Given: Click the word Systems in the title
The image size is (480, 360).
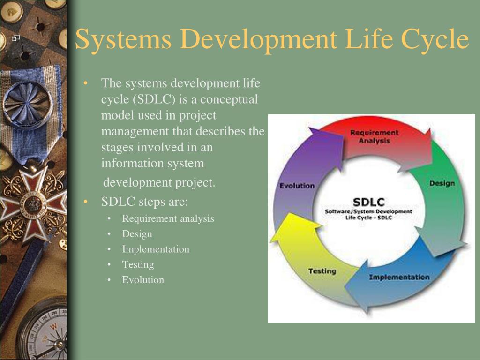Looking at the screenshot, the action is (123, 39).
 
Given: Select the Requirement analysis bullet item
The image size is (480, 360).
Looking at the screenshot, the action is (168, 218).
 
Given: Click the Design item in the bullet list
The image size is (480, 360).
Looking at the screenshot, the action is (137, 233).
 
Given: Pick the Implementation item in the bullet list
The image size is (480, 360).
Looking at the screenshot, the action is (156, 249).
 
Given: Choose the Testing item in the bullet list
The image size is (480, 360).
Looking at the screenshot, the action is (138, 264).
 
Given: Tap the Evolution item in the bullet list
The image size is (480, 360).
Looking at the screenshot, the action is (143, 280).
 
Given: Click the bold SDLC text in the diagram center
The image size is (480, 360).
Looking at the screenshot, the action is (368, 202).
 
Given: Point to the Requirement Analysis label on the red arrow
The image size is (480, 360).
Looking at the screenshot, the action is (375, 136).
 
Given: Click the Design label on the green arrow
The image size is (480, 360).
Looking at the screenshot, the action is (442, 183).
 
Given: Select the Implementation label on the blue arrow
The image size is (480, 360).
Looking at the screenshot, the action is (399, 277).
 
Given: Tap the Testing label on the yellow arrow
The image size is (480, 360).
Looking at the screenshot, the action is (322, 271).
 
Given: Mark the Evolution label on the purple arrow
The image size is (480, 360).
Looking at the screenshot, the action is (297, 186).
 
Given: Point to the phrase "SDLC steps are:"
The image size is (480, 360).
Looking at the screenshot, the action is (144, 202).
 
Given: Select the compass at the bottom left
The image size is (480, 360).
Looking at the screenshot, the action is (45, 333).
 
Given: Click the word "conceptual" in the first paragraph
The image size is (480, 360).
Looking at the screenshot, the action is (229, 100).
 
